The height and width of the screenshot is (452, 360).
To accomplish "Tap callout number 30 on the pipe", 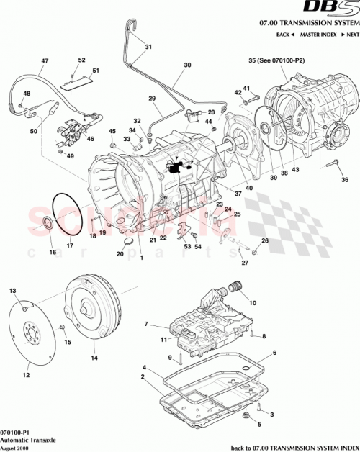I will pyautogui.click(x=186, y=65).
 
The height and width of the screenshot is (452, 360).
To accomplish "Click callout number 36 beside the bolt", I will pyautogui.click(x=343, y=180).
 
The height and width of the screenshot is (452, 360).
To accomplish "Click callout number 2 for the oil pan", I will pyautogui.click(x=143, y=376).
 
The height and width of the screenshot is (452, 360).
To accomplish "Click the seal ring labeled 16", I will pyautogui.click(x=50, y=224).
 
